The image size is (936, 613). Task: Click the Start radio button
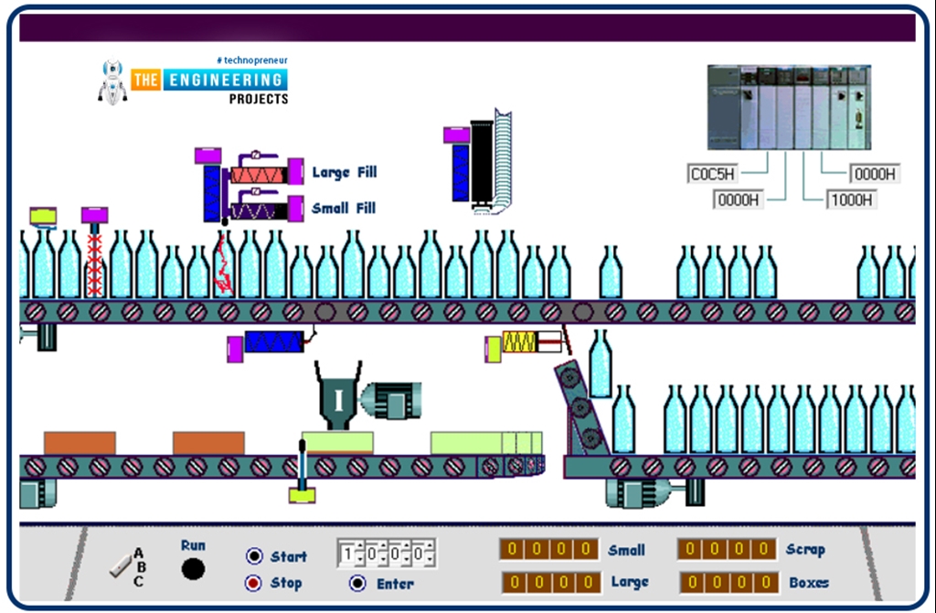point(255,556)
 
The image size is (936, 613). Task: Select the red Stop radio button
point(255,583)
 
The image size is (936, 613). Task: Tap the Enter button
point(357,583)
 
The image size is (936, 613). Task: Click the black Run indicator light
point(193,569)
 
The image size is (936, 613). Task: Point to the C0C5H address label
point(713,174)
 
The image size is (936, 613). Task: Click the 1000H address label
point(851,199)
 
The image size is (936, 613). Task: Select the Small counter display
point(549,549)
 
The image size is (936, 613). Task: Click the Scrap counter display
point(727,549)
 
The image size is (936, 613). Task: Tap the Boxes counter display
point(729,582)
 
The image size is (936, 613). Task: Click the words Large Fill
point(344,172)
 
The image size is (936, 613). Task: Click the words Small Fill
point(343,208)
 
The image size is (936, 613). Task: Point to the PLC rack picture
point(789,107)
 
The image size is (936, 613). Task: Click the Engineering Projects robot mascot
point(112,82)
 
